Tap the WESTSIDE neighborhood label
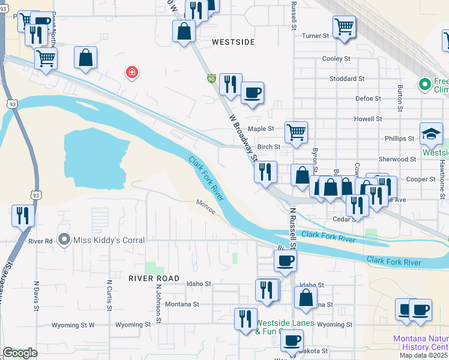[x=234, y=43]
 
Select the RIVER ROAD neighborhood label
[x=154, y=278]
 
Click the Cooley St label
[x=336, y=59]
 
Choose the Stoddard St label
[x=347, y=79]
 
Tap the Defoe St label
[x=369, y=98]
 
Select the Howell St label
[x=368, y=119]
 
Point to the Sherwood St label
[x=397, y=159]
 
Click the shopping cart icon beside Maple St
[x=296, y=131]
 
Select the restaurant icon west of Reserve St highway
[x=23, y=215]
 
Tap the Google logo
[x=20, y=353]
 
